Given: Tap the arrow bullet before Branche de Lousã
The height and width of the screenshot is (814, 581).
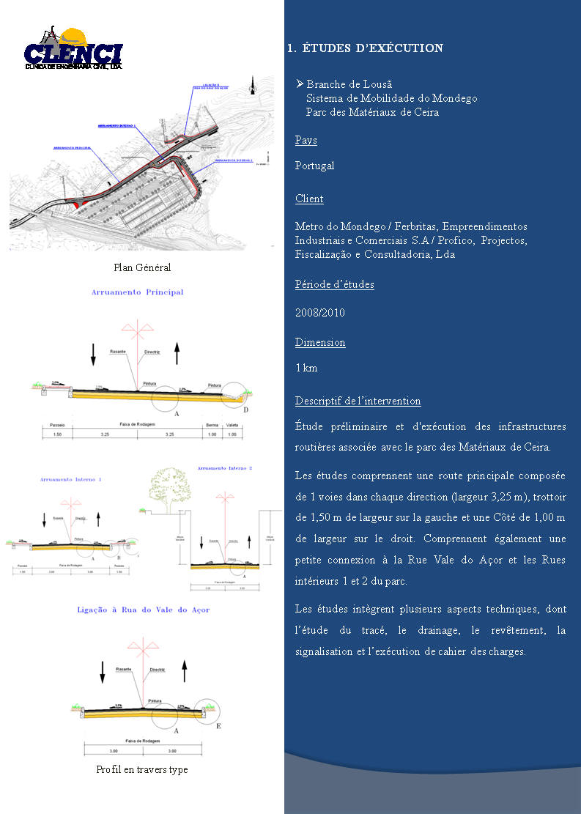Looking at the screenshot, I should (300, 84).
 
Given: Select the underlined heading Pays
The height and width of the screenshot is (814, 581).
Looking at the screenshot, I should (306, 140).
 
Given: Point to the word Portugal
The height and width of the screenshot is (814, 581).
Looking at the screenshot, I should (314, 166).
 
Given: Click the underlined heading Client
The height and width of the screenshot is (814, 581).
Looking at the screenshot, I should (309, 199).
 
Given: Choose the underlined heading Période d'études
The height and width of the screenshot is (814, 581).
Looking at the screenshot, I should (334, 284).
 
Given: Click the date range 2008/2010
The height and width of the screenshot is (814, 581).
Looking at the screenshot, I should (319, 313).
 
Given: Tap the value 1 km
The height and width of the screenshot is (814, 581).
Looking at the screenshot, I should (306, 368).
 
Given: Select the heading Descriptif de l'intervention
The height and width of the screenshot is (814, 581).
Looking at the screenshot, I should (358, 401).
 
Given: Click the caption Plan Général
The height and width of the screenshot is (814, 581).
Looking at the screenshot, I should (142, 267).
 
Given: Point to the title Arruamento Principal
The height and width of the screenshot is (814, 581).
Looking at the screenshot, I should (137, 292).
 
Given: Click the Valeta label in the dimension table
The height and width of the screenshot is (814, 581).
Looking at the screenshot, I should (233, 424).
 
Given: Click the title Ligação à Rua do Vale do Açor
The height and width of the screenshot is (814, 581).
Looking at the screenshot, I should (144, 610).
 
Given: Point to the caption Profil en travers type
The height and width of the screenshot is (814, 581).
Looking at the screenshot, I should (142, 769).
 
